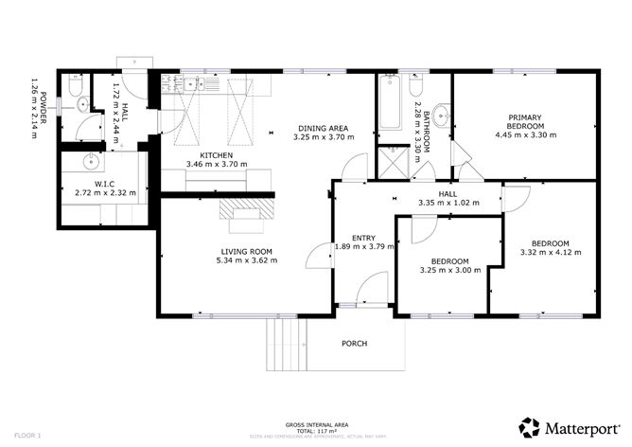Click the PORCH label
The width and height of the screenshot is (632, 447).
[x=354, y=343]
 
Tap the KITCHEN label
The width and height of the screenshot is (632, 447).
[x=217, y=155]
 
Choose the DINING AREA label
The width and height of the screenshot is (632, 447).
[x=324, y=129]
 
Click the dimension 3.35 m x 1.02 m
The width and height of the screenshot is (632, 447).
[x=449, y=202]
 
